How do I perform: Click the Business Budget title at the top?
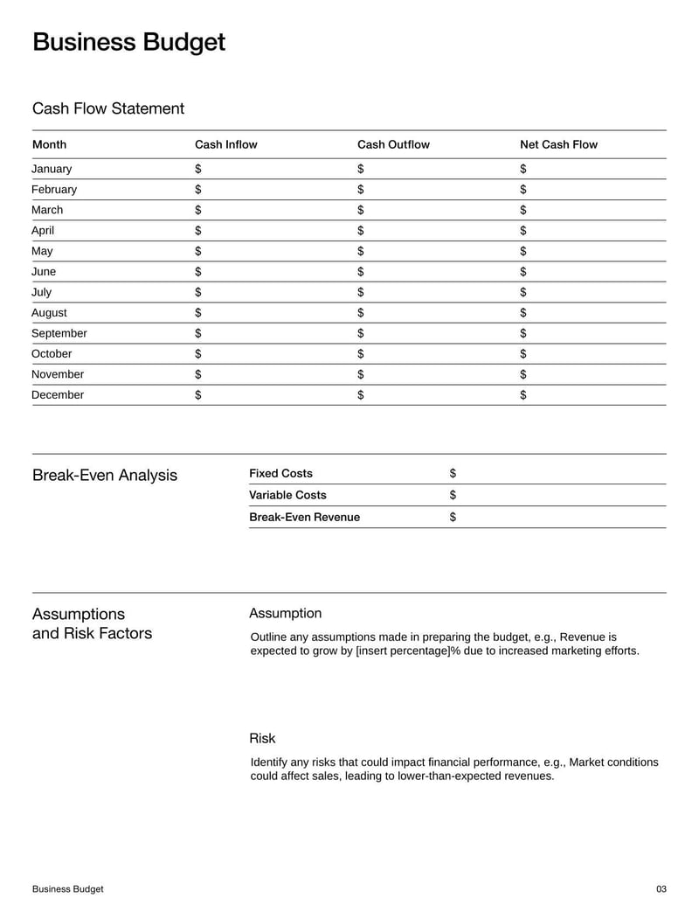(x=128, y=42)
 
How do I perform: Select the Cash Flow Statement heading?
(x=108, y=108)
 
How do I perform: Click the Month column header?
(x=49, y=144)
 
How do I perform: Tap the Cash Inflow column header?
(x=225, y=144)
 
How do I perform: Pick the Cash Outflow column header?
(x=393, y=144)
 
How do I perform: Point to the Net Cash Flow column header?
(x=558, y=144)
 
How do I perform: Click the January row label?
(x=52, y=169)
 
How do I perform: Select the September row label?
(x=59, y=333)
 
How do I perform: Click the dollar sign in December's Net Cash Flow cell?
(x=523, y=395)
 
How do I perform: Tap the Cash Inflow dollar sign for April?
(x=198, y=231)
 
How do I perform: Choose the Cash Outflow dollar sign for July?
(x=361, y=292)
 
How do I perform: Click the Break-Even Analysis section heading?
(x=104, y=476)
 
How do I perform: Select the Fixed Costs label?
(x=280, y=473)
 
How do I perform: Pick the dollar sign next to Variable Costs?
(x=453, y=495)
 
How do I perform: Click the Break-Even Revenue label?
(x=304, y=517)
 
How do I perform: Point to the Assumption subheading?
(x=285, y=613)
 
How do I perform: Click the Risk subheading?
(x=262, y=738)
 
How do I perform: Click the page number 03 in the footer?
(x=661, y=889)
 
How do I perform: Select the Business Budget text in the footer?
(x=67, y=889)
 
